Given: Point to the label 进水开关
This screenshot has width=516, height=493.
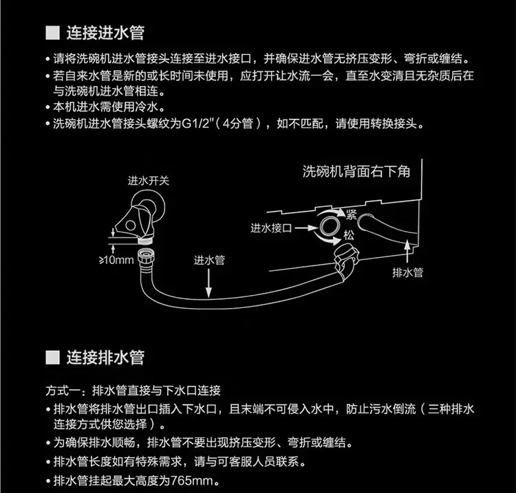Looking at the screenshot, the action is tap(148, 181).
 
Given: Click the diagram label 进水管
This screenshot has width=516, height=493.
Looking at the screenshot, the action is tap(209, 261).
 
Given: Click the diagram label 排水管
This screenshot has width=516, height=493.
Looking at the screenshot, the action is tap(407, 272).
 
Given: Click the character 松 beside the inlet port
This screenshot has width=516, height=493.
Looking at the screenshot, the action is tap(350, 234).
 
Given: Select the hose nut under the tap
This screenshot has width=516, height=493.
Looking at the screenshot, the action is tap(146, 261).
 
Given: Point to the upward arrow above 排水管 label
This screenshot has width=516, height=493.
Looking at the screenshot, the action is tap(410, 248).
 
